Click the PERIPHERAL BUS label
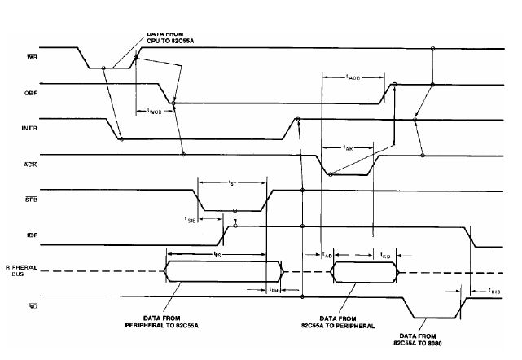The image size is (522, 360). pyautogui.click(x=20, y=271)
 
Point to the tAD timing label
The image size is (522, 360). pyautogui.click(x=326, y=254)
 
